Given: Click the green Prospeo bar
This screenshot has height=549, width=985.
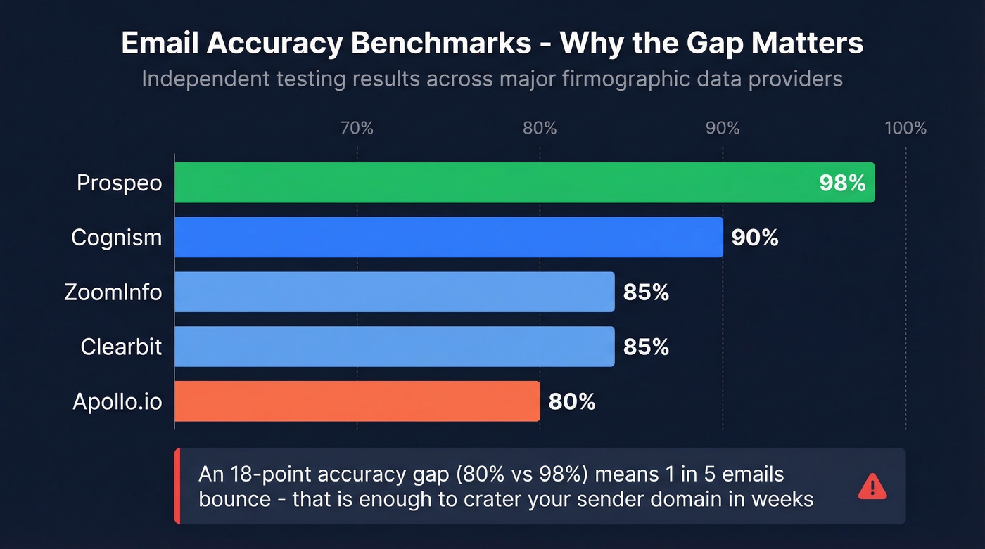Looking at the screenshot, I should pyautogui.click(x=493, y=183).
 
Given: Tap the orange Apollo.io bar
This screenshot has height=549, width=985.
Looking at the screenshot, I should pyautogui.click(x=357, y=401).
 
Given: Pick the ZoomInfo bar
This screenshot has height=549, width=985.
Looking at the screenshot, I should pyautogui.click(x=394, y=292).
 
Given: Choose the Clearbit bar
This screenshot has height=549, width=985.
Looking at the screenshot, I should pyautogui.click(x=394, y=347).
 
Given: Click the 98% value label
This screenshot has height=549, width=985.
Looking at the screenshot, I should pyautogui.click(x=841, y=183).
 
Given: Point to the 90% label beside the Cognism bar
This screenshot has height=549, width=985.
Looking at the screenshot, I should pyautogui.click(x=755, y=238).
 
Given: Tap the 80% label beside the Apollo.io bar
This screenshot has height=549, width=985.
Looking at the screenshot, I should pyautogui.click(x=572, y=402).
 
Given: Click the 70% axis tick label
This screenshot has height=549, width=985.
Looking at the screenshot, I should pyautogui.click(x=357, y=128).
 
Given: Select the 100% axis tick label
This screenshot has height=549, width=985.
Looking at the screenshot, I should pyautogui.click(x=905, y=128).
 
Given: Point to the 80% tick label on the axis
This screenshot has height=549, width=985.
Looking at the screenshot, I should pyautogui.click(x=540, y=128).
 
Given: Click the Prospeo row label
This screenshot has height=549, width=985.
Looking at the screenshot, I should pyautogui.click(x=119, y=183).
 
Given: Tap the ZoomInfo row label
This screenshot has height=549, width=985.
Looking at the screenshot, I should pyautogui.click(x=113, y=292).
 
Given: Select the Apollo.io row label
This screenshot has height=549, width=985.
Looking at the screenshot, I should pyautogui.click(x=117, y=402).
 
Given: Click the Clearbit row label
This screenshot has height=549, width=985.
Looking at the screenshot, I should pyautogui.click(x=121, y=347).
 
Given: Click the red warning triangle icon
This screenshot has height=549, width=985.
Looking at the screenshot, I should pyautogui.click(x=872, y=486).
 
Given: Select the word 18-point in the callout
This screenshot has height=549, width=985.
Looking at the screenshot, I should pyautogui.click(x=270, y=474).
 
